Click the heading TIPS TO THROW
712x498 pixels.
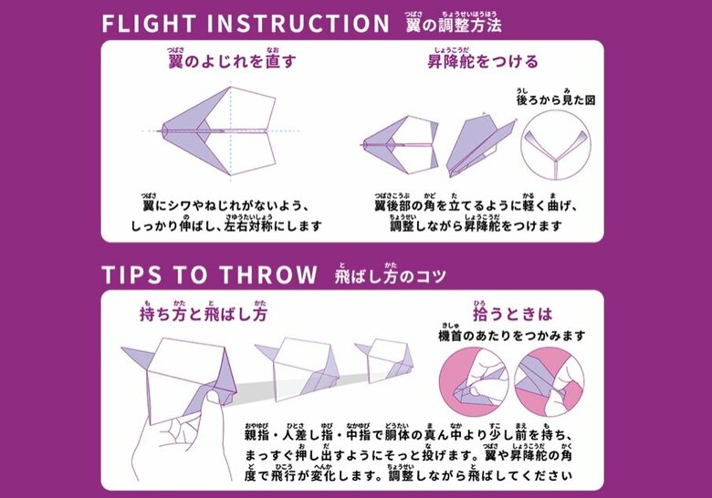(209, 275)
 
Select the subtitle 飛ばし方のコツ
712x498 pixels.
(391, 275)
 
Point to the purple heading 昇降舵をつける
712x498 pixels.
(483, 63)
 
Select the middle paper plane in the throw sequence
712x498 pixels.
(297, 365)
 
